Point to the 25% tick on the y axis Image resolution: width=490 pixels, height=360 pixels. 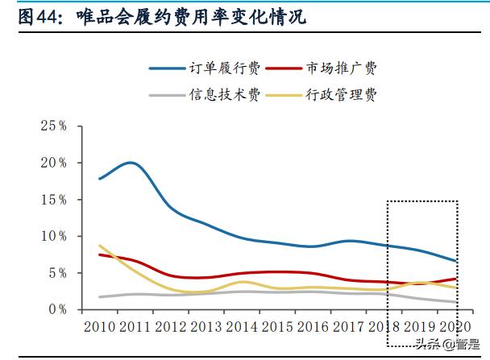point(52,126)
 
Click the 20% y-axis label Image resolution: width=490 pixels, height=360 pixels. point(52,163)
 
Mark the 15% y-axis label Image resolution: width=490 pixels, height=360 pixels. point(52,199)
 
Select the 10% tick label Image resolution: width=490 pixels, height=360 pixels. point(52,236)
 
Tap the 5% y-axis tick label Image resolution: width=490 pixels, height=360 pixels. point(56,273)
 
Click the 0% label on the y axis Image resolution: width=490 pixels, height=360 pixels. point(56,309)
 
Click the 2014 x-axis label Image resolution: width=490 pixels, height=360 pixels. point(243,326)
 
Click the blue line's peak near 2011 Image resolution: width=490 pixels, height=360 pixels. point(131,163)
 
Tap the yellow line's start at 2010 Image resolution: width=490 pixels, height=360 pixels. point(99,246)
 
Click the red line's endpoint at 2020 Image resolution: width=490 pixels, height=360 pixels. point(457,279)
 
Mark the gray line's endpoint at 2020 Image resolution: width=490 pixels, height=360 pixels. point(457,302)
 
